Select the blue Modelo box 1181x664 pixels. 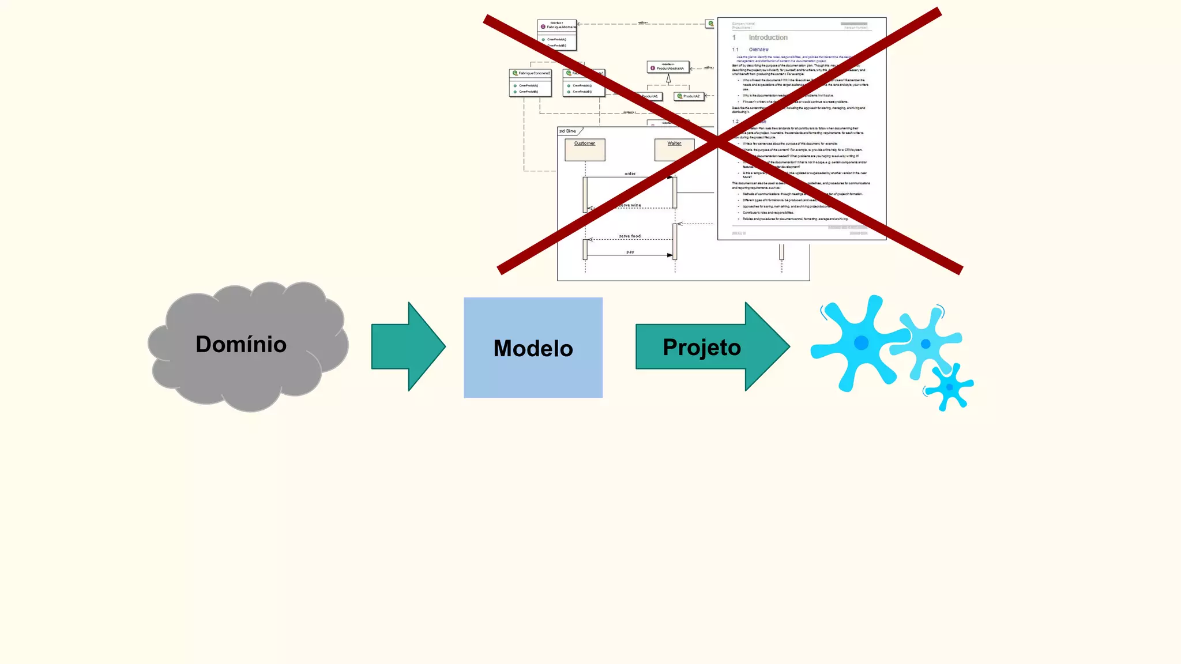[533, 348]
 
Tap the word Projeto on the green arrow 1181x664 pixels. [701, 348]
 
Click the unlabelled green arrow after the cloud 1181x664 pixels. [408, 346]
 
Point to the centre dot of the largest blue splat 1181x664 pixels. [861, 343]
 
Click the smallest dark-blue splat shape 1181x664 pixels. [950, 387]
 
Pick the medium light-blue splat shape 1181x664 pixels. [926, 344]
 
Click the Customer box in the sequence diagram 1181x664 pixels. [585, 149]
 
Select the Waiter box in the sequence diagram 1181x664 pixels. [674, 149]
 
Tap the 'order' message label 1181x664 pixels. [630, 173]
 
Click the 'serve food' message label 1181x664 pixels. [630, 236]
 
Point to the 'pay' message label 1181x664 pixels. [630, 252]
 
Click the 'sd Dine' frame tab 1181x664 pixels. [569, 131]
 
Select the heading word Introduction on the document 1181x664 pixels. [768, 37]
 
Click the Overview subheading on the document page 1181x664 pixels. [758, 50]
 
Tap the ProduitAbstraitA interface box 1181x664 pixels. [668, 67]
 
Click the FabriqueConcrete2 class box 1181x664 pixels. [531, 82]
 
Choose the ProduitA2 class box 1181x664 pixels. [690, 96]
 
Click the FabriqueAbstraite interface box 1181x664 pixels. [557, 35]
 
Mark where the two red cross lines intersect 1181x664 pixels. [718, 141]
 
